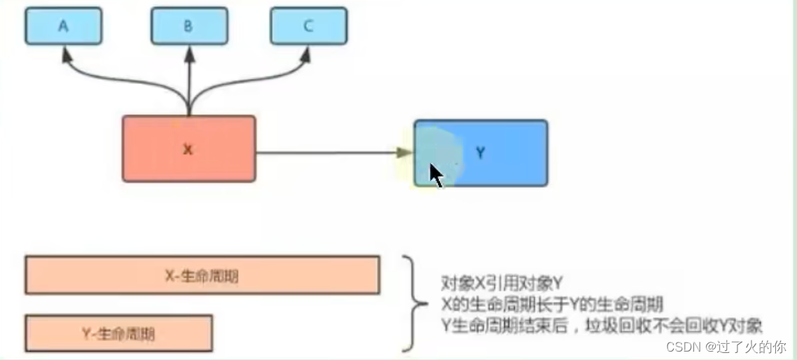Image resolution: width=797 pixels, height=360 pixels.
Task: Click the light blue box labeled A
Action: pyautogui.click(x=63, y=27)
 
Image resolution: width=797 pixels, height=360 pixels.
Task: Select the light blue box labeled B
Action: pyautogui.click(x=188, y=27)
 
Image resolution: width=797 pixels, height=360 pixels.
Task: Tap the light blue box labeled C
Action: pyautogui.click(x=309, y=27)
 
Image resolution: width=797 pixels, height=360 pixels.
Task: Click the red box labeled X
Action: pyautogui.click(x=188, y=149)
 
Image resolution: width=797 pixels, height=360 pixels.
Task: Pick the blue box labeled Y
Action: pyautogui.click(x=490, y=153)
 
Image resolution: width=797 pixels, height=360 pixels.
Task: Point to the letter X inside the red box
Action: pyautogui.click(x=188, y=149)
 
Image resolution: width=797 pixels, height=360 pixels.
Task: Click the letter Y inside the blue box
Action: pyautogui.click(x=480, y=153)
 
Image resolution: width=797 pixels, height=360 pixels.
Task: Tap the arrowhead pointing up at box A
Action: pyautogui.click(x=66, y=54)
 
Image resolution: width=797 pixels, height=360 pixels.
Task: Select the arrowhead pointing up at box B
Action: pyautogui.click(x=189, y=54)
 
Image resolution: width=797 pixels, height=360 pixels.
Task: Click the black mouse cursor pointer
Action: pyautogui.click(x=436, y=175)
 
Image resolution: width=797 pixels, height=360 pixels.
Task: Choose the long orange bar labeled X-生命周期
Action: pyautogui.click(x=202, y=275)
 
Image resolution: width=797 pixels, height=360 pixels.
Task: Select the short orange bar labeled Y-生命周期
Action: pyautogui.click(x=118, y=333)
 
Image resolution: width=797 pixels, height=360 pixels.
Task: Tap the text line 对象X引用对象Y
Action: pyautogui.click(x=502, y=283)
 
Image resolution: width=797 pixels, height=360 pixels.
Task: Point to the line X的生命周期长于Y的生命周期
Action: pyautogui.click(x=553, y=305)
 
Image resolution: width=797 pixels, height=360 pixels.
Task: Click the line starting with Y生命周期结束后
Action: pyautogui.click(x=602, y=326)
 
